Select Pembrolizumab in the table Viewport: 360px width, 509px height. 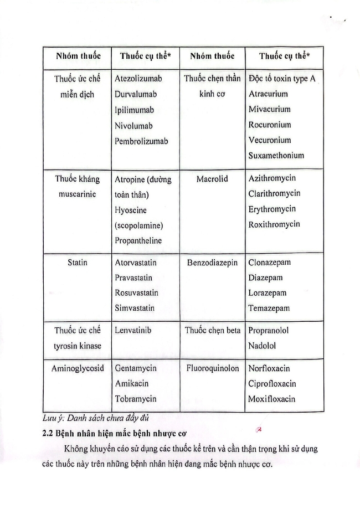[x=141, y=141]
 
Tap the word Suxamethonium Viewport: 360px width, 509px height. [x=276, y=155]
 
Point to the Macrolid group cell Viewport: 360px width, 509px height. [x=212, y=179]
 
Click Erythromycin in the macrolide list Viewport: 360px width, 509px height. [x=272, y=209]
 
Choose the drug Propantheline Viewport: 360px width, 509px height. [x=138, y=240]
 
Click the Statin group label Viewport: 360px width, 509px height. [x=78, y=262]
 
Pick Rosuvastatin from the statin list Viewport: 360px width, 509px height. [x=136, y=292]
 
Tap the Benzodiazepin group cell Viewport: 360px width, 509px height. [x=212, y=263]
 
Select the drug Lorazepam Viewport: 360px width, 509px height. [x=267, y=293]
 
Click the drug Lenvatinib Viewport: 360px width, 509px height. [x=133, y=330]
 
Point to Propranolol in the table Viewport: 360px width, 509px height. [x=269, y=331]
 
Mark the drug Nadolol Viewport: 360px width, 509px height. [x=262, y=346]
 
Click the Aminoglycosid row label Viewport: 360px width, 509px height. [x=78, y=368]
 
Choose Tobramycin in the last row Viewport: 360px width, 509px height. [x=135, y=398]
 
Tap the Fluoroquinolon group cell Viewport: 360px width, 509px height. [x=213, y=368]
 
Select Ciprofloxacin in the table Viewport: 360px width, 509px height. [x=272, y=383]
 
